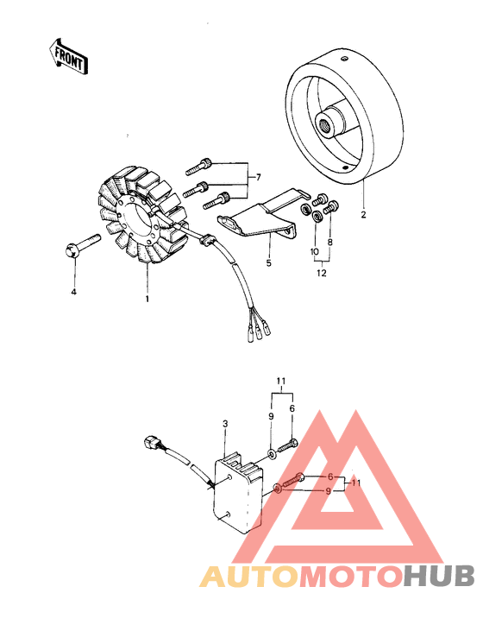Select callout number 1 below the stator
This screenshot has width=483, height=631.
click(x=147, y=299)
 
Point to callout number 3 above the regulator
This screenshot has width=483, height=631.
click(x=225, y=424)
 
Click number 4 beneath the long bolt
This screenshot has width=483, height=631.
click(x=73, y=293)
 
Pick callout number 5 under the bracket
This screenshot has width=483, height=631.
click(x=268, y=262)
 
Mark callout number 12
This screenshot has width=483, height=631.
click(x=321, y=274)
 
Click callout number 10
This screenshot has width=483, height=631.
click(x=314, y=253)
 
